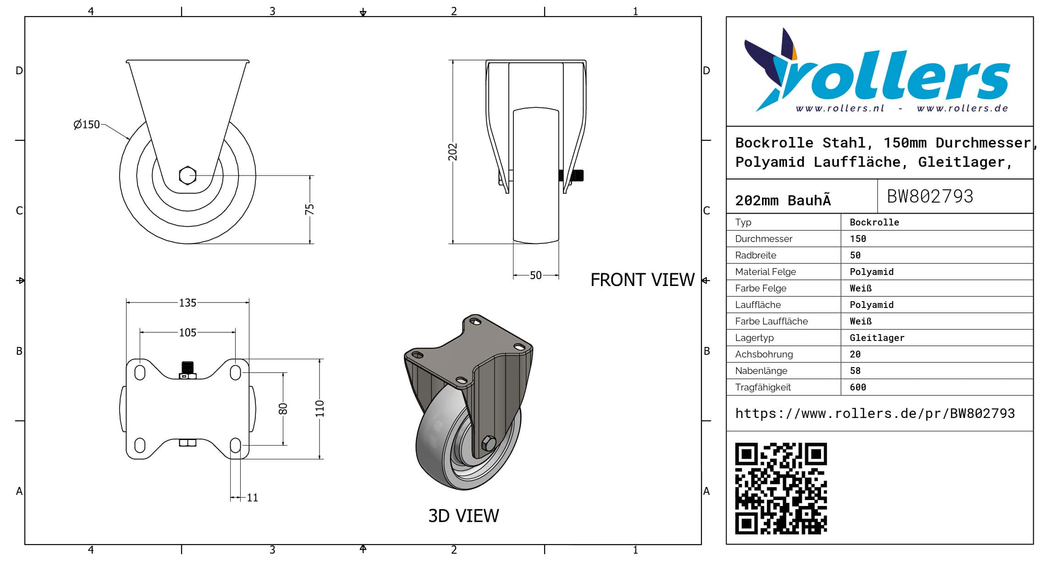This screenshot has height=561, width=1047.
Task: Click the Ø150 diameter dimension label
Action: click(x=87, y=125)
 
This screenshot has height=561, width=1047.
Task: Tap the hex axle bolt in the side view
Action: click(x=187, y=176)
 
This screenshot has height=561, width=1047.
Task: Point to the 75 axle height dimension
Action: click(x=310, y=209)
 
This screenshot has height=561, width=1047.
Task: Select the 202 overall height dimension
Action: click(x=453, y=152)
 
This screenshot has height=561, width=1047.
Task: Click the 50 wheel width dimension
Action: click(x=535, y=275)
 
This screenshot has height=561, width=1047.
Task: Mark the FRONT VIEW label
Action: click(x=642, y=280)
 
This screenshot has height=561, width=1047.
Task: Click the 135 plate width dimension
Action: click(x=187, y=303)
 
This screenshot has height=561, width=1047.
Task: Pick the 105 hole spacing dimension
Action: click(x=187, y=333)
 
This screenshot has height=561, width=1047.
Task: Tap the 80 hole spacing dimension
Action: click(x=283, y=409)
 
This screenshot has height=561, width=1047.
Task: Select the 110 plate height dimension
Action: click(x=320, y=409)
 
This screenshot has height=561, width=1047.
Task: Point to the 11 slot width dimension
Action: click(x=253, y=498)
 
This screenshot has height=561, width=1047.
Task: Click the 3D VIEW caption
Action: click(x=463, y=516)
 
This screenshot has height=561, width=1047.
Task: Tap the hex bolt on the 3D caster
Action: click(x=488, y=443)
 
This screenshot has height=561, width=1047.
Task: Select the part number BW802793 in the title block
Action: click(x=930, y=197)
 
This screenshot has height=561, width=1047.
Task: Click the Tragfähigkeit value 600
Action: click(x=858, y=387)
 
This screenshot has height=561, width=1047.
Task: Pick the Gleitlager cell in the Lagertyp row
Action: click(x=877, y=338)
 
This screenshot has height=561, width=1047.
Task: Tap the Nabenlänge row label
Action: click(x=761, y=371)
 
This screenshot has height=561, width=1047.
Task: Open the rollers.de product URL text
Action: click(x=875, y=413)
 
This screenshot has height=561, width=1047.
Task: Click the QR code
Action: click(x=781, y=489)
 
